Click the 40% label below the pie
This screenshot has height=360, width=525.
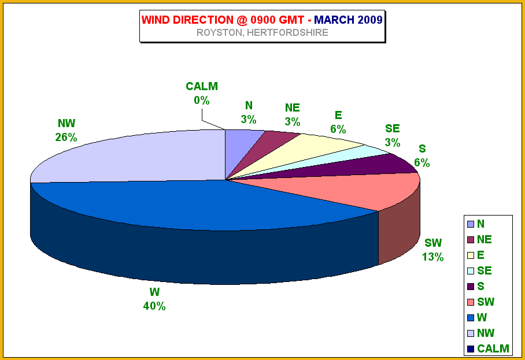[154, 306]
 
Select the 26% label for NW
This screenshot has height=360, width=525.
[66, 137]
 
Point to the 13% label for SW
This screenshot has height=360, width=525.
[432, 257]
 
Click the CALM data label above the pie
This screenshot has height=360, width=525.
[202, 86]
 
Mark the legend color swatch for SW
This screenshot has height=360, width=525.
[471, 302]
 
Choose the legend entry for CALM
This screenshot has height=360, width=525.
[488, 348]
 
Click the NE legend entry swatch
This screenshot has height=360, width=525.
[471, 240]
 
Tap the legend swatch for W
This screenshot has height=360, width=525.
[471, 318]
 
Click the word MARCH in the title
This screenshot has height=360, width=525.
[334, 20]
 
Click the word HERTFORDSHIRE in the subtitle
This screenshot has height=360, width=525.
[287, 33]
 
